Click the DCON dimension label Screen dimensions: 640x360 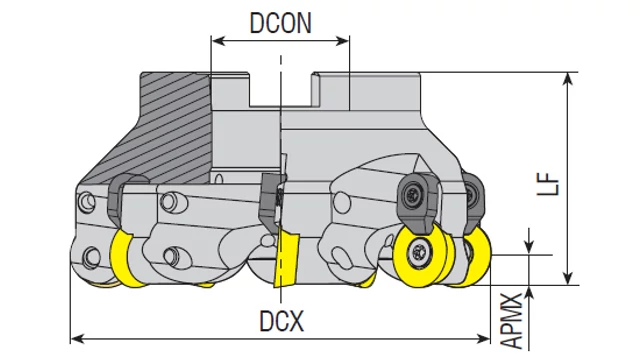click(x=280, y=23)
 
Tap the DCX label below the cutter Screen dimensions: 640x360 click(x=282, y=321)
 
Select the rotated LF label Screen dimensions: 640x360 click(x=548, y=184)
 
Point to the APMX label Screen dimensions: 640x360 click(x=511, y=321)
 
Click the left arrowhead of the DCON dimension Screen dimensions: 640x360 click(x=219, y=40)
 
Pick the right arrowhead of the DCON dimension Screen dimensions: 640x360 click(x=342, y=40)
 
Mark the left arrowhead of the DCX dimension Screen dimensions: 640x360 click(x=78, y=338)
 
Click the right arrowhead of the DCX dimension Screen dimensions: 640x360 click(x=483, y=338)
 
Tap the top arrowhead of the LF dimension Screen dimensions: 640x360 click(x=567, y=79)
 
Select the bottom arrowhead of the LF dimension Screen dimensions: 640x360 click(x=567, y=278)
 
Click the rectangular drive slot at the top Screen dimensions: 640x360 click(x=280, y=90)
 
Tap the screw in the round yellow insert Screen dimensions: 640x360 click(x=418, y=250)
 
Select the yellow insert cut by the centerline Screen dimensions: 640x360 click(x=287, y=258)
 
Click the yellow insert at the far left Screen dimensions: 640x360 click(x=124, y=258)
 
